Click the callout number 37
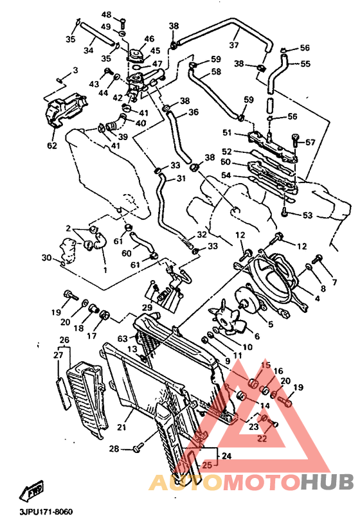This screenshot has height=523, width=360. tap(233, 45)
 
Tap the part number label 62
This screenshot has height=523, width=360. tap(51, 145)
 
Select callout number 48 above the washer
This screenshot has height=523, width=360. tap(106, 14)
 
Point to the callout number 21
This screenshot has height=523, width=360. tap(122, 427)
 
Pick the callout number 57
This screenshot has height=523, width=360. tap(310, 142)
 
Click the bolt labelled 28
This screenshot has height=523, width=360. tap(137, 448)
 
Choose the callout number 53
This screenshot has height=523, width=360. tap(308, 215)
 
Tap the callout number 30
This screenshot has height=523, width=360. tap(46, 258)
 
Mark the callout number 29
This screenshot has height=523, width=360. tap(147, 309)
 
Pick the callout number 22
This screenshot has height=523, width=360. tap(262, 439)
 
